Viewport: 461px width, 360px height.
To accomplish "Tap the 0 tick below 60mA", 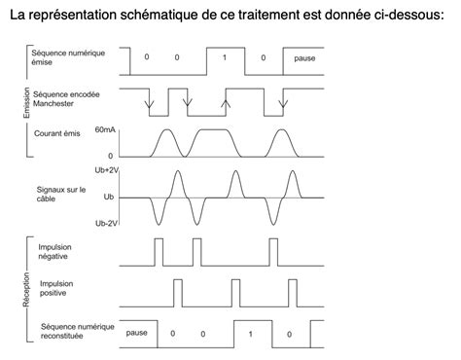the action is pos(110,155).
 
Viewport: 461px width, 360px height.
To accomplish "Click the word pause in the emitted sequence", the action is pos(304,58).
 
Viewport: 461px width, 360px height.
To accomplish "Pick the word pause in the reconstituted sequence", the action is pos(136,333).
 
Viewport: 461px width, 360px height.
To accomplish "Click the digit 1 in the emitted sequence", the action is pos(225,58).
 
